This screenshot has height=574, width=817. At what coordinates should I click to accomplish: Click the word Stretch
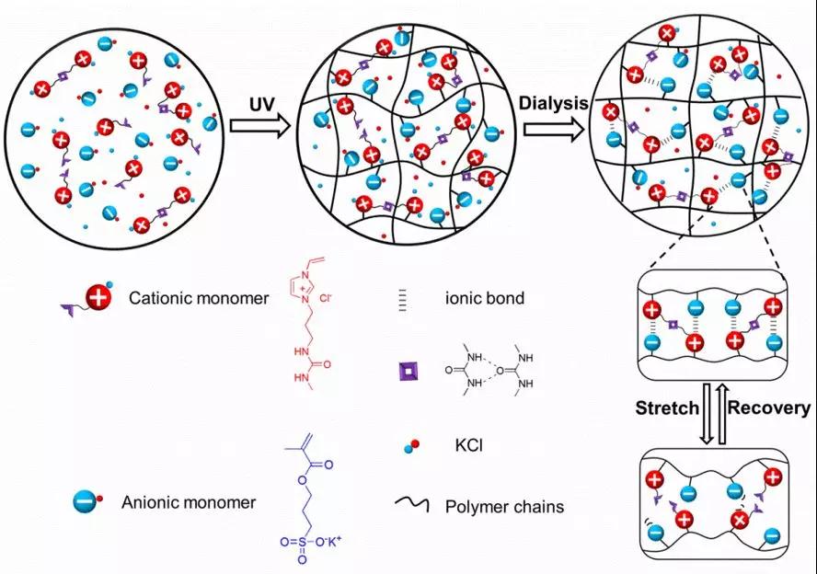pyautogui.click(x=668, y=408)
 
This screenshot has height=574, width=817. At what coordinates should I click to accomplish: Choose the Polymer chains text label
pyautogui.click(x=504, y=506)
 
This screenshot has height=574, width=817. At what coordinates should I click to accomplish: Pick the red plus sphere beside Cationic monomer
pyautogui.click(x=98, y=298)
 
